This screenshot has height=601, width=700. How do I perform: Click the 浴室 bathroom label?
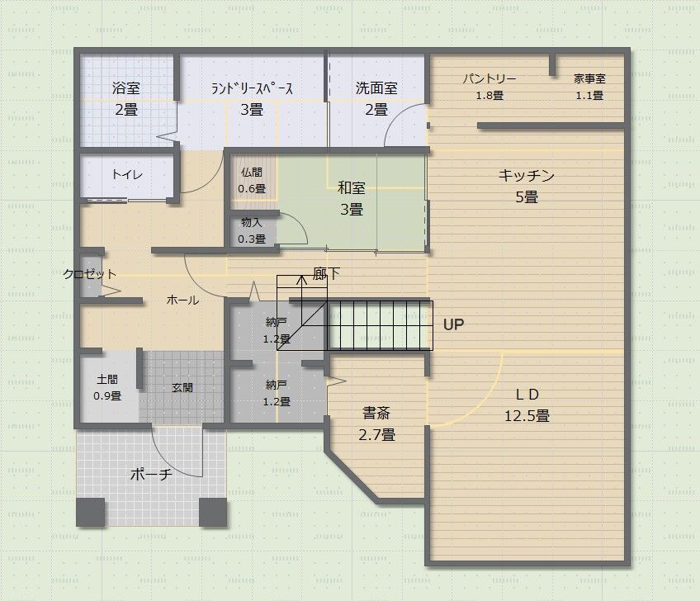pos(126,88)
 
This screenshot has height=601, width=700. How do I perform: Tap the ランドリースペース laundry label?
pos(252,88)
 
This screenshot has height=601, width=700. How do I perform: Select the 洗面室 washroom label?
pos(376,88)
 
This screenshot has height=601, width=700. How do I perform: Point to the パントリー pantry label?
pos(490,79)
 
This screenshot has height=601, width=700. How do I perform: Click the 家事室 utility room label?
pos(589,78)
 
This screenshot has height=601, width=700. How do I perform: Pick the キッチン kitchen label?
pos(527,175)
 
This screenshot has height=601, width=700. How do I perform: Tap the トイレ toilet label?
pos(127,174)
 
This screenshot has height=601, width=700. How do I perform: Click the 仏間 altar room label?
pos(251,173)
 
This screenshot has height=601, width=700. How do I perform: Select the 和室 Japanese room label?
pos(352,187)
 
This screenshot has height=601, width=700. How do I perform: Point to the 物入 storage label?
pos(251,222)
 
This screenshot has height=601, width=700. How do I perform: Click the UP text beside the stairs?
pos(453,324)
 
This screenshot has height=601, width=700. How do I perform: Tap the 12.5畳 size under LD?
pos(527,416)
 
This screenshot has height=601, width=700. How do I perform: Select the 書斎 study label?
pos(376,413)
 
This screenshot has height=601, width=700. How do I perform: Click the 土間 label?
pos(107,380)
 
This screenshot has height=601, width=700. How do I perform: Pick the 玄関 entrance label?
pos(182,387)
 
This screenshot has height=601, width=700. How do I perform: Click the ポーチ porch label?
pos(151,474)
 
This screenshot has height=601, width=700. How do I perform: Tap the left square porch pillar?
pos(91,512)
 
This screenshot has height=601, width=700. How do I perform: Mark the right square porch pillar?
pos(213,512)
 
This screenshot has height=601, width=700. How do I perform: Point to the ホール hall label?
pos(182,300)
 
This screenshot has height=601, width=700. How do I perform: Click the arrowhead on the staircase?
pos(302,280)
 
